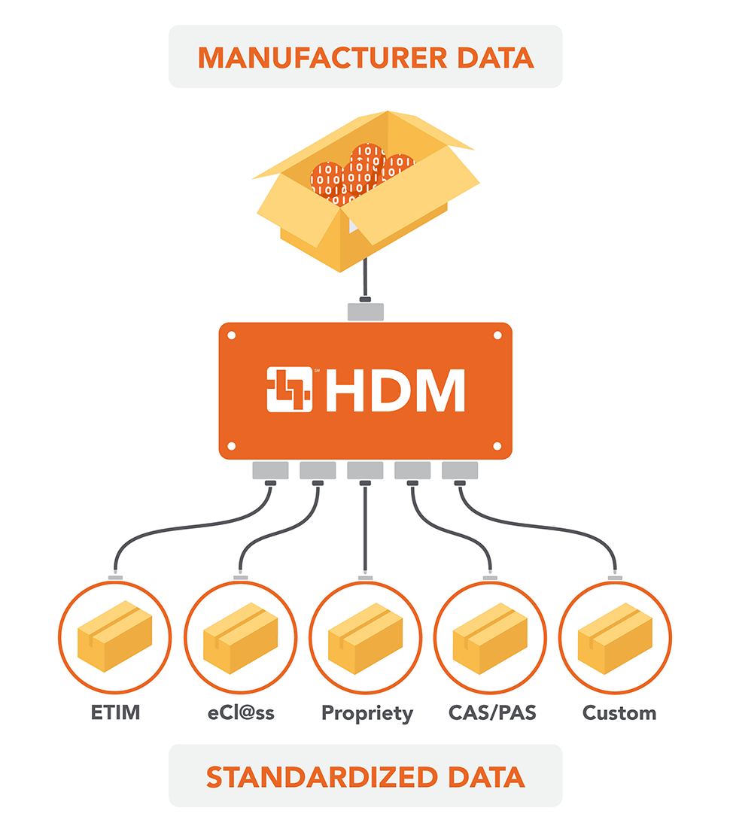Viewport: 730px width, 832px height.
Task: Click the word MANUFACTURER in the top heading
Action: (323, 58)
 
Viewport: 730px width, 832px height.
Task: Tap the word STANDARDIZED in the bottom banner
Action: (322, 777)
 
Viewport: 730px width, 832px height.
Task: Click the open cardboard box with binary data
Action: (366, 191)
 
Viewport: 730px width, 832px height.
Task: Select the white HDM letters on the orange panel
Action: (396, 390)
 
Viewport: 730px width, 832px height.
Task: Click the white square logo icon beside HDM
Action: (289, 390)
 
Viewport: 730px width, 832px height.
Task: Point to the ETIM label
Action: (115, 712)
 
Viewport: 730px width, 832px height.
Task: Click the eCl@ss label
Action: (241, 712)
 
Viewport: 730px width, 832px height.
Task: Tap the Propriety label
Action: (367, 714)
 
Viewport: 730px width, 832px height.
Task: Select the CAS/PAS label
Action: (492, 712)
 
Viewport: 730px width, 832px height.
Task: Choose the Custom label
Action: (619, 712)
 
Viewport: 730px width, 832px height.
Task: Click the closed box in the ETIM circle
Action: (114, 636)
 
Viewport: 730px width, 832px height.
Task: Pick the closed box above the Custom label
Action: (615, 639)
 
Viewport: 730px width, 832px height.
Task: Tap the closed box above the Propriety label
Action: (365, 639)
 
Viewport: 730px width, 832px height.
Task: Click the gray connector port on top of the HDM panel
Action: (365, 312)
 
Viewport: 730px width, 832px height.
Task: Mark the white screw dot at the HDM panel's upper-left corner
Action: (232, 336)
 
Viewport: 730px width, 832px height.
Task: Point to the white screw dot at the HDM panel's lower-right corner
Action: (497, 446)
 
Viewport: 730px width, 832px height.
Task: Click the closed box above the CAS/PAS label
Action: (490, 639)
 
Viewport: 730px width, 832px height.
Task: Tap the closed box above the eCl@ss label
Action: (241, 639)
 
